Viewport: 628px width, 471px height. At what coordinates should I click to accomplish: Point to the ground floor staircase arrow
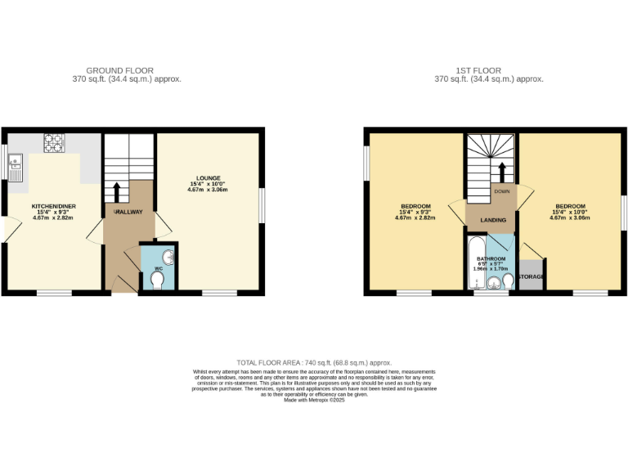(x=116, y=191)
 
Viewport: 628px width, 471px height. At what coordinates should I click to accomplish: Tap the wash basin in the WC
(x=168, y=254)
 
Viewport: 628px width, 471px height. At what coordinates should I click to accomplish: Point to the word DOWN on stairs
(x=502, y=191)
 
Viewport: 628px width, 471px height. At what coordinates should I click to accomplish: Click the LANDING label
(x=492, y=220)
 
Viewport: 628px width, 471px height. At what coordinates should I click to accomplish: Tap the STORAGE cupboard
(x=532, y=277)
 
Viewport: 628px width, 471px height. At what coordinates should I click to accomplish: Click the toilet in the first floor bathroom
(x=508, y=282)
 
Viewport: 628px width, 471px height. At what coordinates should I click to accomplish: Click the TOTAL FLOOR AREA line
(x=314, y=362)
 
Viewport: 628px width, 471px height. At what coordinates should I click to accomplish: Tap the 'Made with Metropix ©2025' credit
(x=314, y=400)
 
